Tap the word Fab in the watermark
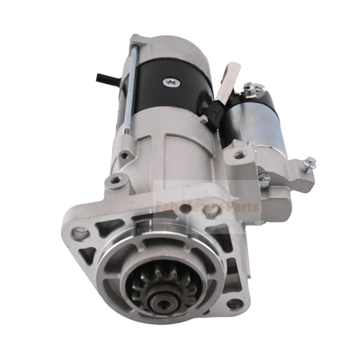(x=164, y=207)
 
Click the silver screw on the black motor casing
(x=171, y=81)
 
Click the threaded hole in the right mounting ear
(x=238, y=155)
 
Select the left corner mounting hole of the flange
(x=81, y=233)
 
